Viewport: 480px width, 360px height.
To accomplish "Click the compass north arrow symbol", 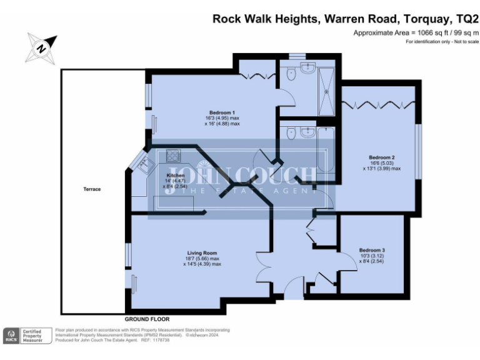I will point(41,47).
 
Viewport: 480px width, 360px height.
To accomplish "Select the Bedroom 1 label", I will point(213,112).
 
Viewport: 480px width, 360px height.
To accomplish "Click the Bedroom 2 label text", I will point(381,157).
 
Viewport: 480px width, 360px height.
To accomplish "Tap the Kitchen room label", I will point(175,176).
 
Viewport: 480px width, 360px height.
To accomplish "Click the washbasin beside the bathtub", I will point(304,132).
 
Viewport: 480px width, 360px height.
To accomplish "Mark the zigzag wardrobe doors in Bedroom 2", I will point(377,102).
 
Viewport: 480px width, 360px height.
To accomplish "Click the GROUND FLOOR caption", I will point(147,319).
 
